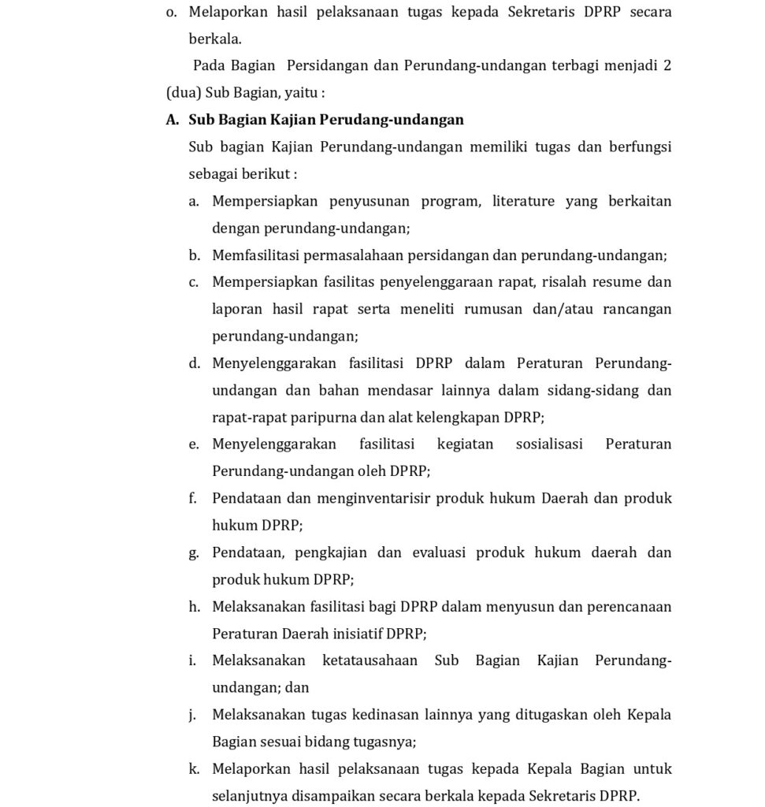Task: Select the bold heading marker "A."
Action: tap(173, 120)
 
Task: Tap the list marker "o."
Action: tap(172, 12)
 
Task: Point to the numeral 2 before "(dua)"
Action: tap(667, 65)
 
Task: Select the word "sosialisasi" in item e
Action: tap(549, 444)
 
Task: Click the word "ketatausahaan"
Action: tap(370, 660)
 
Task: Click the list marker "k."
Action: tap(194, 769)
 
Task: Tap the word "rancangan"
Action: tap(637, 309)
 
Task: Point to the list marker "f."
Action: tap(193, 499)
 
